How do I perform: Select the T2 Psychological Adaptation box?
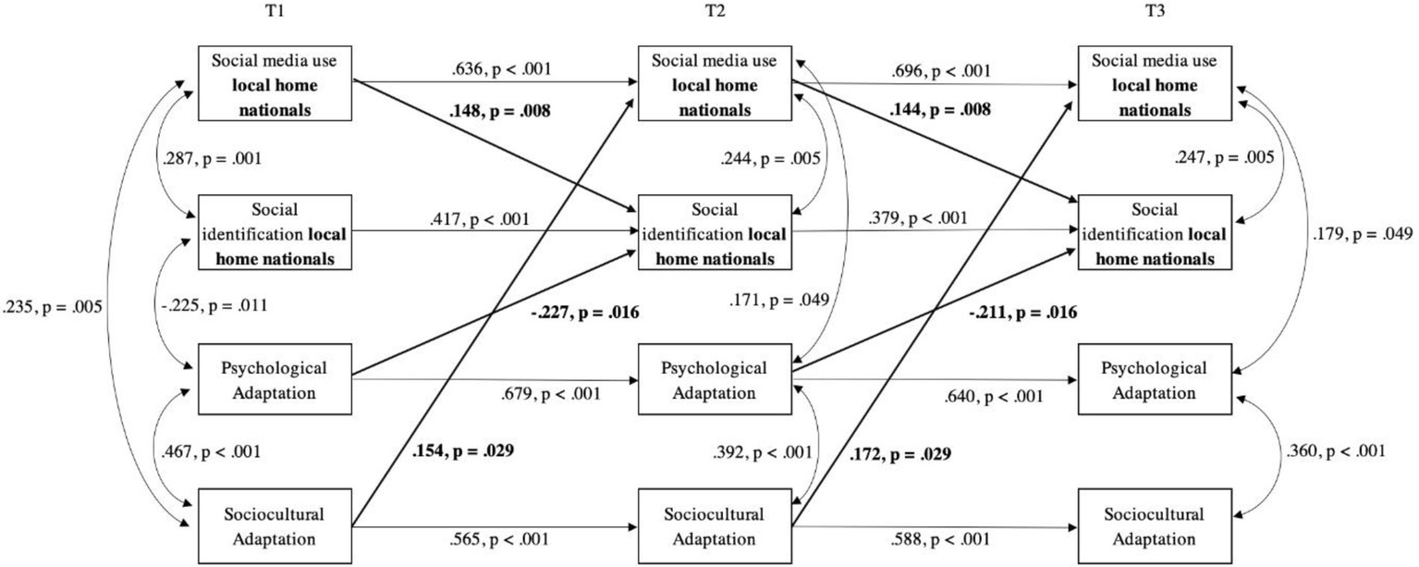point(715,379)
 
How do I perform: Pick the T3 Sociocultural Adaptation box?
point(1154,524)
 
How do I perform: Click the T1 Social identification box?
point(275,231)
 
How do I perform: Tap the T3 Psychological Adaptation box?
point(1154,379)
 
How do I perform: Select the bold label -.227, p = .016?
point(587,313)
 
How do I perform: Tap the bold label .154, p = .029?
point(460,452)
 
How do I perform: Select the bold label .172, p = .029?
point(901,454)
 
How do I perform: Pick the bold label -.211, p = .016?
point(1022,313)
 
